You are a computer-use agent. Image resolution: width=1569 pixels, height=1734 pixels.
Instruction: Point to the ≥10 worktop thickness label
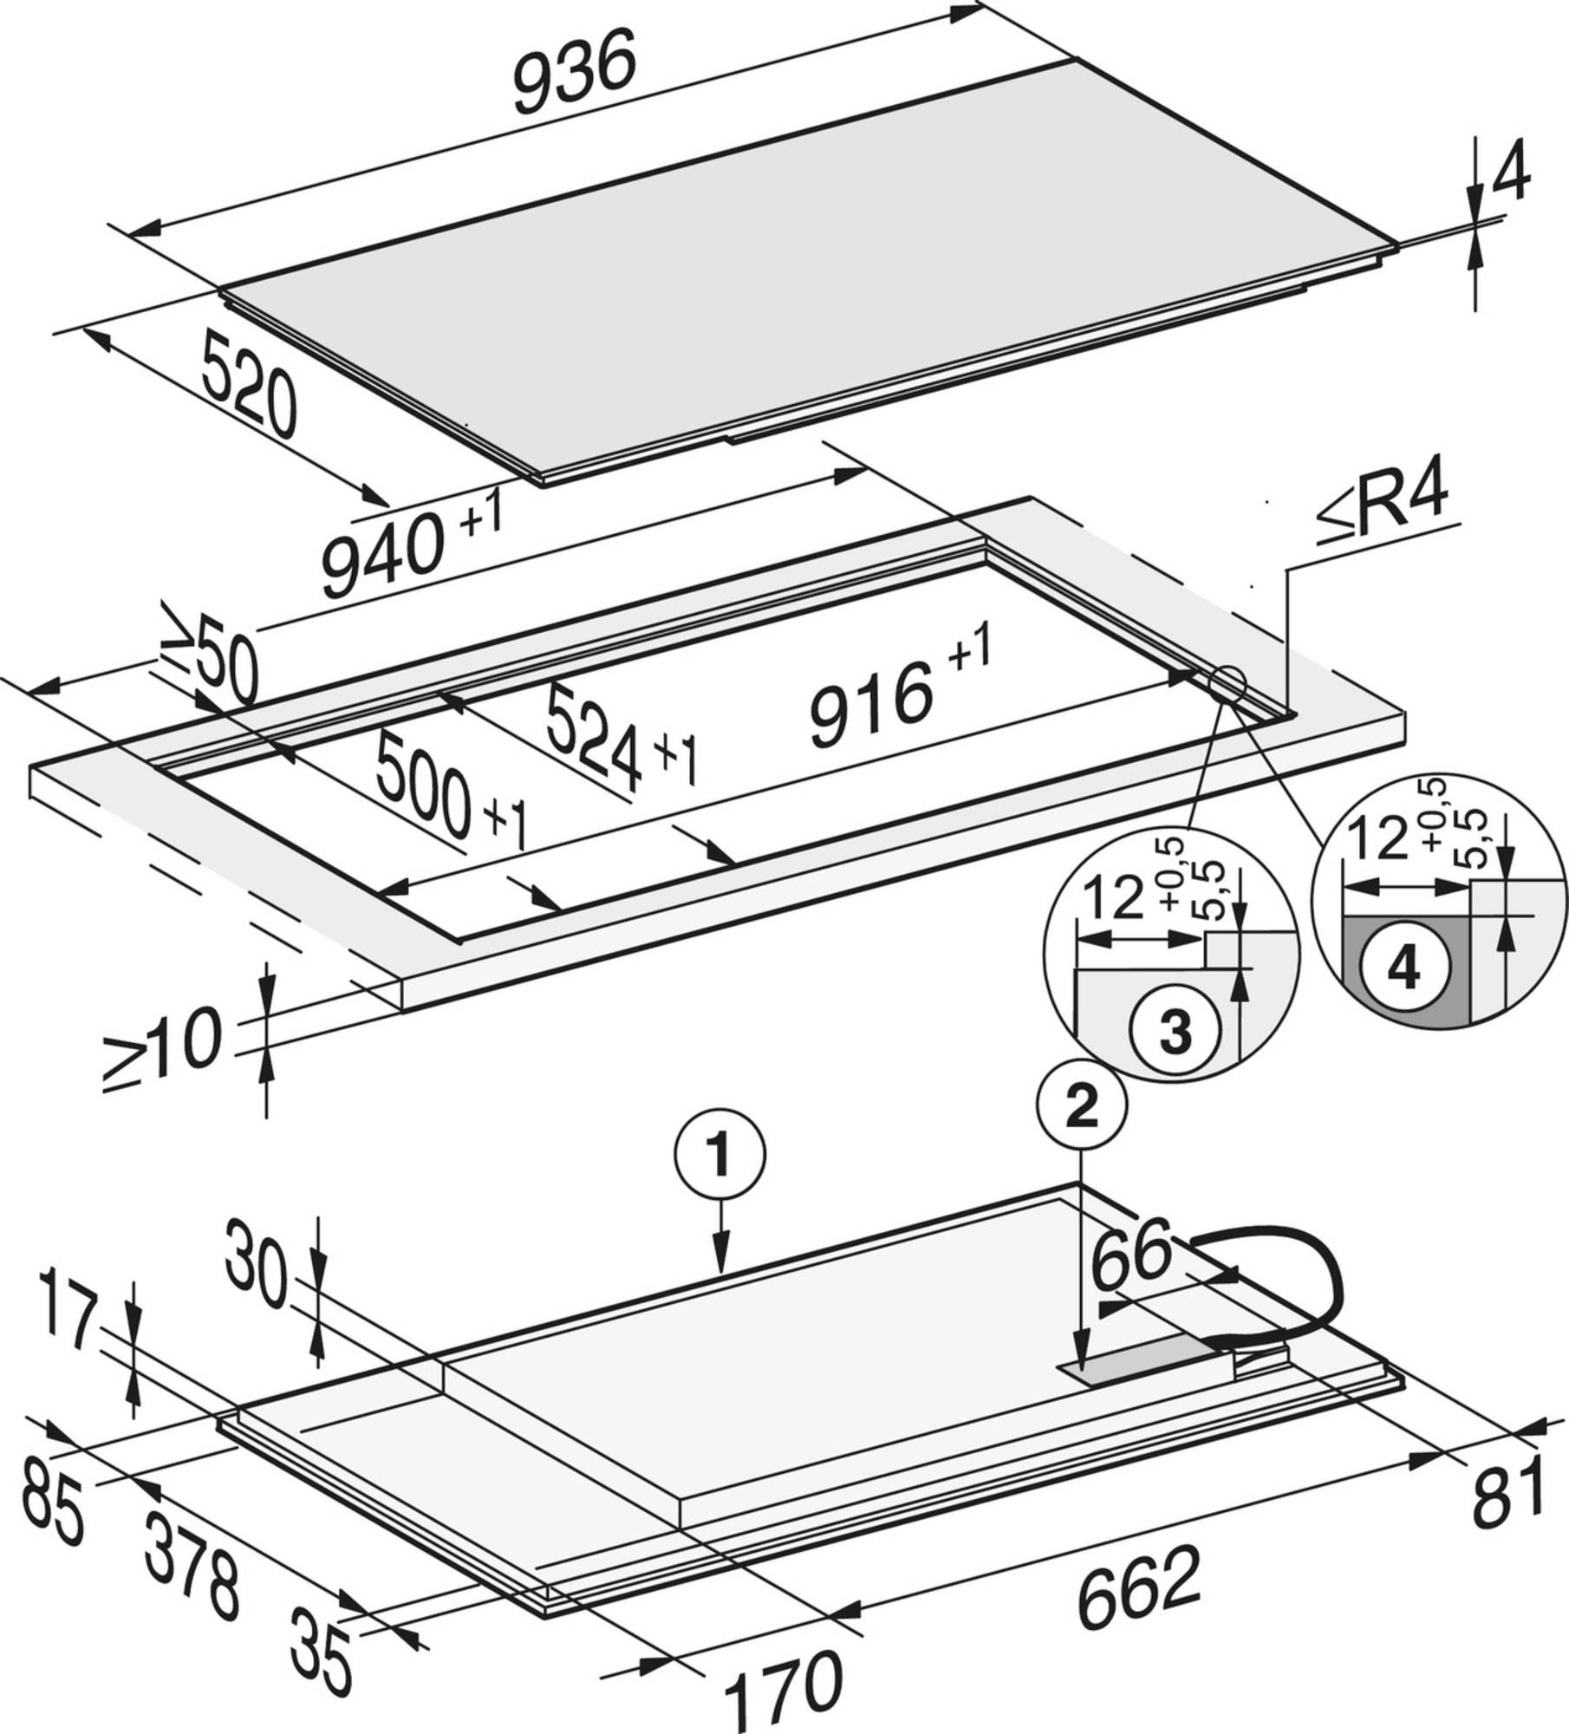(161, 1049)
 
